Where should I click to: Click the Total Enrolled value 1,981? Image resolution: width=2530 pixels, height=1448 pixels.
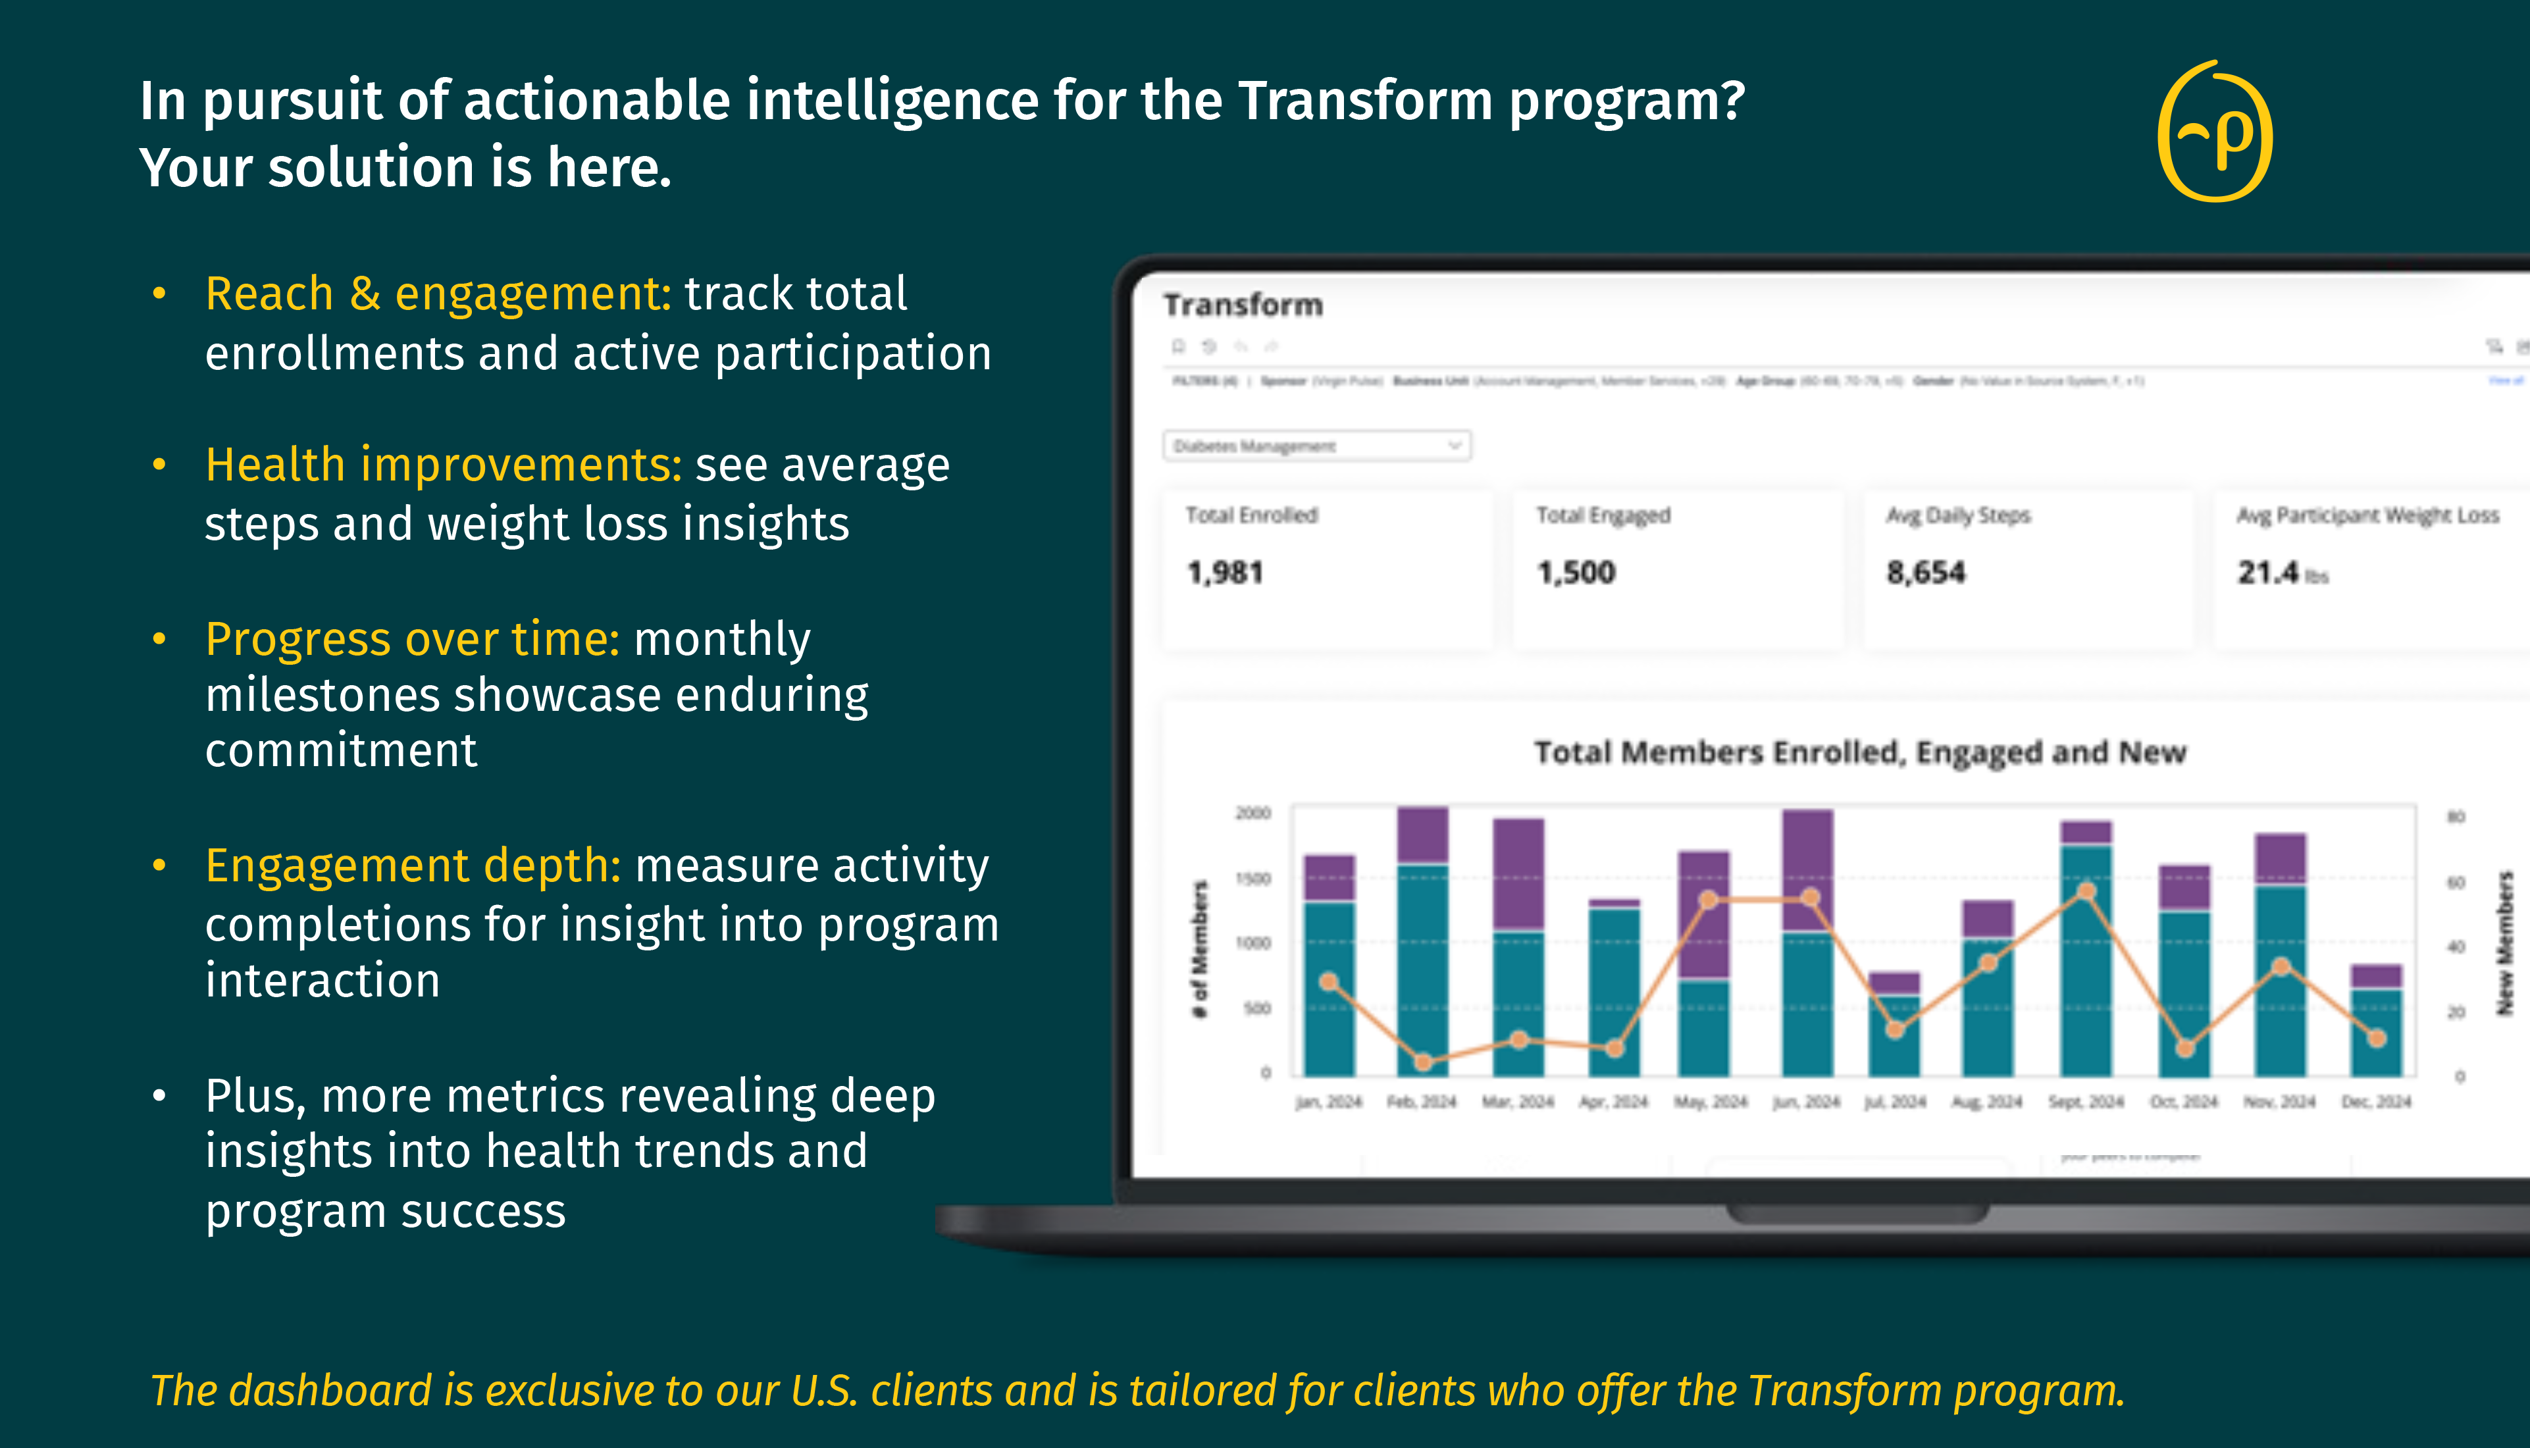click(x=1226, y=573)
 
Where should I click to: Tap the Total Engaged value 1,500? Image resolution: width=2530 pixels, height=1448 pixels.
click(x=1576, y=573)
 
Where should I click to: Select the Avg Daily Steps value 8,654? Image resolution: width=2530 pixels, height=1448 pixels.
click(x=1926, y=573)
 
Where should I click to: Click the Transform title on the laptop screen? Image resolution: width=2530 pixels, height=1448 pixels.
click(x=1243, y=304)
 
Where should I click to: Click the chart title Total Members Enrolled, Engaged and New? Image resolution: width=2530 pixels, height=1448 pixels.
click(x=1860, y=753)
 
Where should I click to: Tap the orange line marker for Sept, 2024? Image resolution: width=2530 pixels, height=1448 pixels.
click(x=2086, y=892)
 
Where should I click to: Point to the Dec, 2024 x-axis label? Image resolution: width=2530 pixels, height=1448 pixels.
click(x=2376, y=1102)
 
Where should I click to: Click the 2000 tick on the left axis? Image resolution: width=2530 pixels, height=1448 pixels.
click(x=1253, y=814)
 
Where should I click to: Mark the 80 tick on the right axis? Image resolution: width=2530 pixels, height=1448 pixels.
click(x=2456, y=817)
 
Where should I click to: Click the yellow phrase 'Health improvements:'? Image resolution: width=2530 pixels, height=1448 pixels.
click(x=444, y=465)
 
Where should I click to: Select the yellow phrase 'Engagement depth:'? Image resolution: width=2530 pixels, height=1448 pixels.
click(x=413, y=866)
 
